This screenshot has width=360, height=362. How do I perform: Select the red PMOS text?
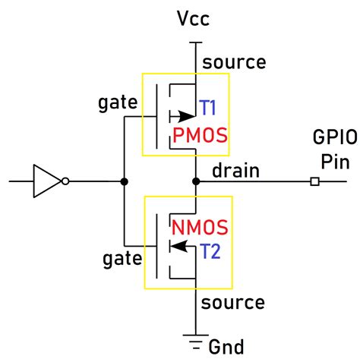201,137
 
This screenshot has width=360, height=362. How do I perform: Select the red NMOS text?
201,226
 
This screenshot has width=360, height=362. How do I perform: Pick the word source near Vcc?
234,62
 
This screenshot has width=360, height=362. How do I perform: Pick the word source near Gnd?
234,303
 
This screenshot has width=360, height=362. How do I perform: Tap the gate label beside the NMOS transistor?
122,260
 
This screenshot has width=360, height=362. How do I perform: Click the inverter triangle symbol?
47,181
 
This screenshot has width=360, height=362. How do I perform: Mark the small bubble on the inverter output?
67,181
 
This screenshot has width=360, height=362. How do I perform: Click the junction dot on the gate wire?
123,181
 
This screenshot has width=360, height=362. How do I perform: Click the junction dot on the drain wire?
196,181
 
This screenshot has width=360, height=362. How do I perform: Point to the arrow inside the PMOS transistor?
182,117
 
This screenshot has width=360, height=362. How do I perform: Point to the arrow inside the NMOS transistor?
179,245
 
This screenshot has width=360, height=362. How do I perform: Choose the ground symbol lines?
196,338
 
